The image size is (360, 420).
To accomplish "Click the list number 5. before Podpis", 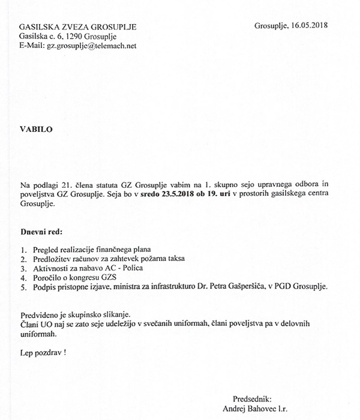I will click(23, 287).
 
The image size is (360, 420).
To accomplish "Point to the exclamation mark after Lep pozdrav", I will click(65, 353).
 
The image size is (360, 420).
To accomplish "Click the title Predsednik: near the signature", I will click(252, 398).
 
